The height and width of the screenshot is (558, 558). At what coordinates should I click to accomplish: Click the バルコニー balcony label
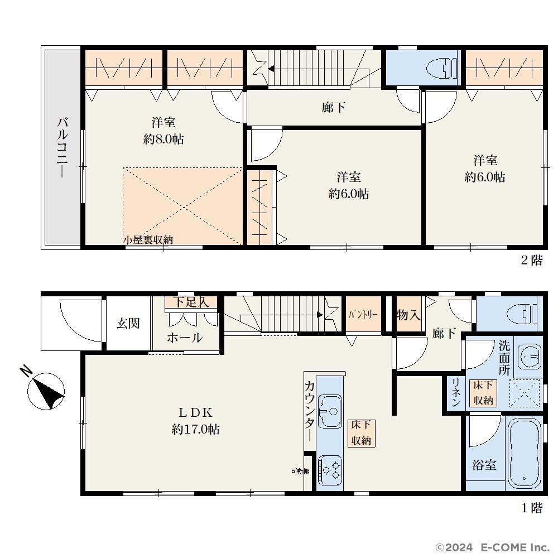point(62,148)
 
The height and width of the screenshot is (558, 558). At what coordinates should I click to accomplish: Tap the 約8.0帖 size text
point(163,139)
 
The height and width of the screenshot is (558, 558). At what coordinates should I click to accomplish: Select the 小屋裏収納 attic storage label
point(148,240)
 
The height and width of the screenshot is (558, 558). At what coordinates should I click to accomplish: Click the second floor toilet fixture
point(441,68)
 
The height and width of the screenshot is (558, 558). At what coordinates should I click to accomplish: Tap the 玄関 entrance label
point(128,324)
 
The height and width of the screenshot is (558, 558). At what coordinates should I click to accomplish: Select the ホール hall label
point(185,338)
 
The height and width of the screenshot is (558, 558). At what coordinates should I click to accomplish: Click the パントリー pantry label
point(363,315)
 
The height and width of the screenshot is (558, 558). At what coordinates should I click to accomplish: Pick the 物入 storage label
point(408,315)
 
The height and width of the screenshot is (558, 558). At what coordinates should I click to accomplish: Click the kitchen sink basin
point(330,411)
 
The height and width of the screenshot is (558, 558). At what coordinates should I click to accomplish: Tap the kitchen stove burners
point(330,469)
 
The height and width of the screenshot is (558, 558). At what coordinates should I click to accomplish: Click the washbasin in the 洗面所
point(530,356)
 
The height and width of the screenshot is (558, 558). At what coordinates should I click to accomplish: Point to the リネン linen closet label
point(456,393)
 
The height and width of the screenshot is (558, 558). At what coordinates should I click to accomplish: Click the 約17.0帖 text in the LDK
point(196,429)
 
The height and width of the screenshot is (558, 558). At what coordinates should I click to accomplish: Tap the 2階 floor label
point(532,261)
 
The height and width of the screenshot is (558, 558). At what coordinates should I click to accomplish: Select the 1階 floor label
point(532,508)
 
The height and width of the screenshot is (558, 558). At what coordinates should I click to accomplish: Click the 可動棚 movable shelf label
point(300,472)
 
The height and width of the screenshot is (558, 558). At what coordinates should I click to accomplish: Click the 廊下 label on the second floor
point(334,107)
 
